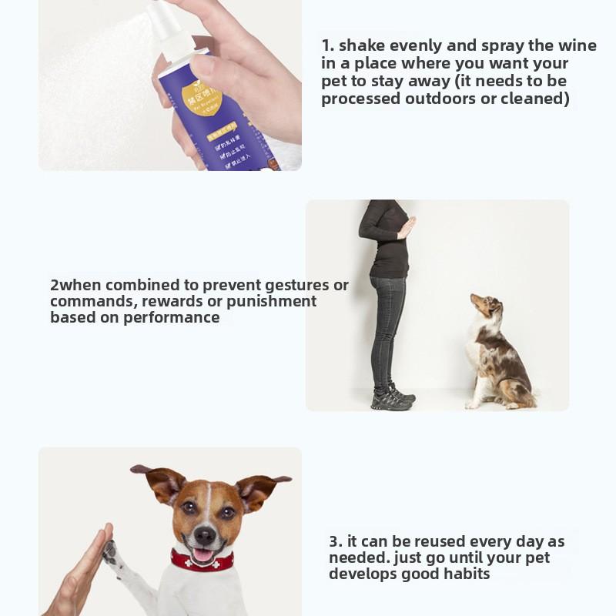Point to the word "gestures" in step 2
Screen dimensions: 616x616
[293, 285]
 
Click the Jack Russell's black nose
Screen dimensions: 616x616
[205, 534]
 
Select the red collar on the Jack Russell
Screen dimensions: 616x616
[202, 561]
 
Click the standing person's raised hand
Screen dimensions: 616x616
[406, 227]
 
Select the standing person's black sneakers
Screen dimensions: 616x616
[393, 398]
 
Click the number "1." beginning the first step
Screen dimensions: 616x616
[328, 45]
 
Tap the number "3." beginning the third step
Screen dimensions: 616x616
[336, 541]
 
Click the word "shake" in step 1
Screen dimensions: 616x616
[363, 45]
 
